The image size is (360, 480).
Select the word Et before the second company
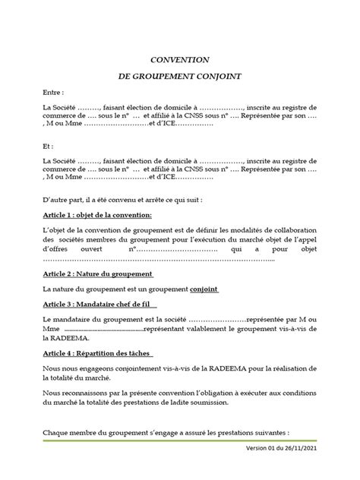(48, 144)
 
